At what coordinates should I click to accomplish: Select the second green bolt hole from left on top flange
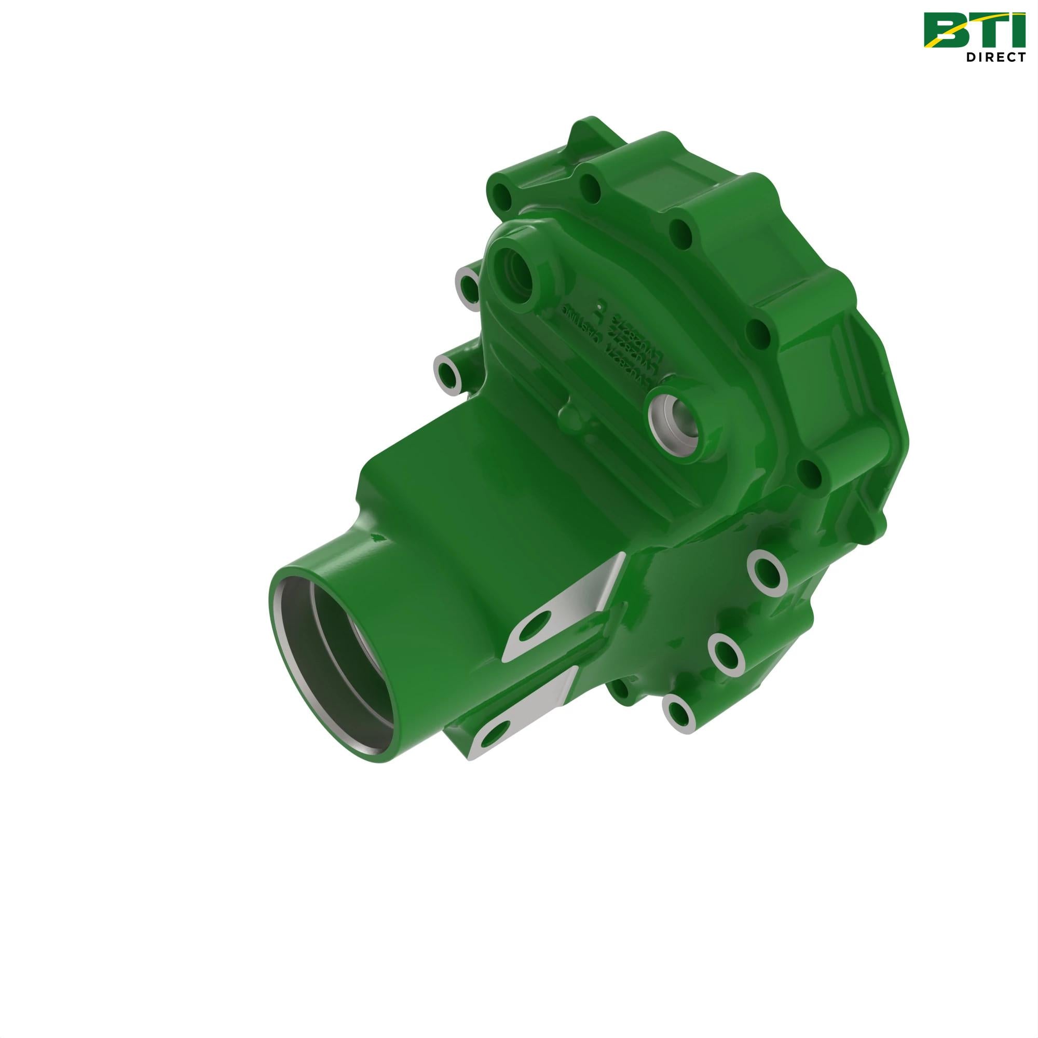(592, 187)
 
